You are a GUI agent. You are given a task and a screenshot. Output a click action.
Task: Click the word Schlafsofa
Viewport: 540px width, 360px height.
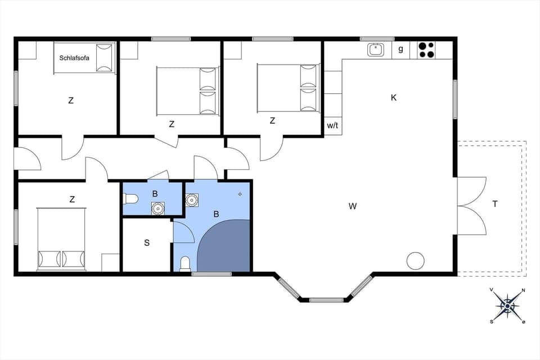pos(74,58)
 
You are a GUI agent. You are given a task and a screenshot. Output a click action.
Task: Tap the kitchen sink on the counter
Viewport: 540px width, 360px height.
pos(376,49)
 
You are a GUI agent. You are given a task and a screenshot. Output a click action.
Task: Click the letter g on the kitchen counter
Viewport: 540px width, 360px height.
pos(401,49)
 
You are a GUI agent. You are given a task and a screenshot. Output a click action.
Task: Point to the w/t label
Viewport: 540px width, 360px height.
pos(332,125)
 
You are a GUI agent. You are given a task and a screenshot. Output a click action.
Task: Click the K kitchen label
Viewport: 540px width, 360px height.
pos(394,97)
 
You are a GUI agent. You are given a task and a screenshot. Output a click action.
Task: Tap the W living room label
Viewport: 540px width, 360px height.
pos(353,206)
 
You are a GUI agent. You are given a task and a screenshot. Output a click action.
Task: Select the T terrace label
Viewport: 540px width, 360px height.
pos(495,204)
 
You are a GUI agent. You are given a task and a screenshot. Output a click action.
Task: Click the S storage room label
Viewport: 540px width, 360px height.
pos(147,243)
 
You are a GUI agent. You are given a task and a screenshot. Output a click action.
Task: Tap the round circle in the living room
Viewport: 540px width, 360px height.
pos(416,260)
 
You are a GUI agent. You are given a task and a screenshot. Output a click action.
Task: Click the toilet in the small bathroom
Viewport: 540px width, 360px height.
pos(130,198)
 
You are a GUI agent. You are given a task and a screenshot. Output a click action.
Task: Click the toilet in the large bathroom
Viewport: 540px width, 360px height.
pos(185,264)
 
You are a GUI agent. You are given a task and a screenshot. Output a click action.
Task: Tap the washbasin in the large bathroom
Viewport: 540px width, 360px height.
pos(192,200)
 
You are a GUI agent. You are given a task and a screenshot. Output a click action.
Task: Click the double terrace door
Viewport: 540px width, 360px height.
pos(471,206)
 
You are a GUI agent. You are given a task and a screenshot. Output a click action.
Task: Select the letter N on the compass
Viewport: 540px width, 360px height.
pos(523,291)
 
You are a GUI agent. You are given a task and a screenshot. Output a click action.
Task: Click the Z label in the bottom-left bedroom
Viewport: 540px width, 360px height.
pos(72,199)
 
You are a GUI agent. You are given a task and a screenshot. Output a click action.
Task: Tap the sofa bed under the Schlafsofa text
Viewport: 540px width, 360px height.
pos(84,58)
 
